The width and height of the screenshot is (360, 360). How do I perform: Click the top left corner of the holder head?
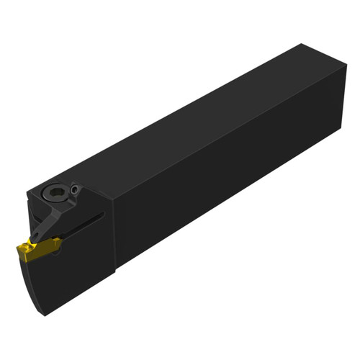tap(32, 189)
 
